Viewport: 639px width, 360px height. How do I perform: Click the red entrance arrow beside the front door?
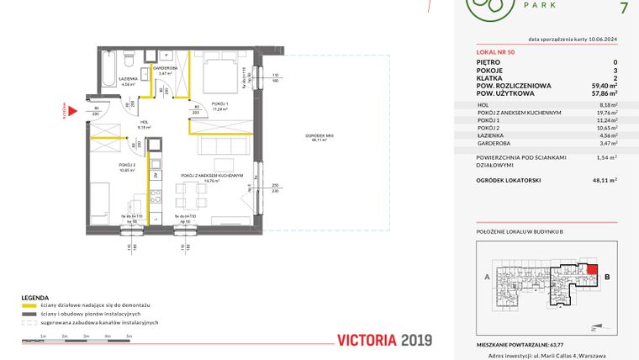tap(73, 109)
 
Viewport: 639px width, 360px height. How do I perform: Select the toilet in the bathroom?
tap(126, 61)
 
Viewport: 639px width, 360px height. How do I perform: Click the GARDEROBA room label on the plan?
tap(164, 68)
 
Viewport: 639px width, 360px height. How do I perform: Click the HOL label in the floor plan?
tap(144, 123)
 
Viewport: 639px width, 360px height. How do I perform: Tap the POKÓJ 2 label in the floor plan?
tap(126, 165)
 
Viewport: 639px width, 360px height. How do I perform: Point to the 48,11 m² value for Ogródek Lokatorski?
tap(604, 180)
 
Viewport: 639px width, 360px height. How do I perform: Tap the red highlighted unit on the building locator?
tap(593, 273)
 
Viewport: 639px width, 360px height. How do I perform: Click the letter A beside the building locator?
tap(487, 275)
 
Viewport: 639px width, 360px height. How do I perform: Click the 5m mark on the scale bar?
tap(129, 336)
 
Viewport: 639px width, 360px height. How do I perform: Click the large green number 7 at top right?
tap(622, 9)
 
